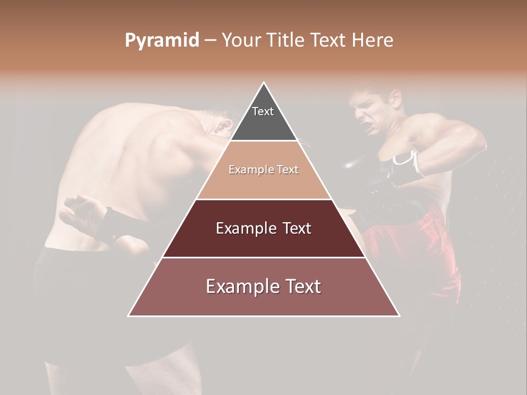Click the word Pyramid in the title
(161, 41)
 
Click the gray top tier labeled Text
(263, 118)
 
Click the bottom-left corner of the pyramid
(130, 315)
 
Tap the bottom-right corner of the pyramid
(399, 315)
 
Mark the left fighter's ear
(223, 127)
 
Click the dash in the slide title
(210, 41)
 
